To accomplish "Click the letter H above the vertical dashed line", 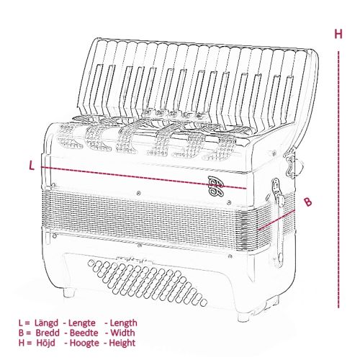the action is coord(338,34).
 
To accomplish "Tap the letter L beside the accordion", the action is coord(32,166).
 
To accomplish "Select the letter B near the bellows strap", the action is coord(308,202).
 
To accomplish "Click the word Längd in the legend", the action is coord(46,323).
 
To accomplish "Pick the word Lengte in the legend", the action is coord(82,323).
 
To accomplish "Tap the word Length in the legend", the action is coord(124,323).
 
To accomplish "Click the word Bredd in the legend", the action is coord(48,333).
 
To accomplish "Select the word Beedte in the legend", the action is coord(84,333).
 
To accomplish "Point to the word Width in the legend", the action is coord(122,333).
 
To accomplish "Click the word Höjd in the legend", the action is coord(45,343).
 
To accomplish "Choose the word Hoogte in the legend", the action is coord(84,343).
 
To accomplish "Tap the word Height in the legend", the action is coord(122,343).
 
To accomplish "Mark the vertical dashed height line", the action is coord(338,179).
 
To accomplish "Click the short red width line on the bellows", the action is coord(276,220).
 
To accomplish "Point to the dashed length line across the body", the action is coord(143,178).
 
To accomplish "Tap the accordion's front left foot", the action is coord(69,292).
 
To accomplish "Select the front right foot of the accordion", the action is coord(244,317).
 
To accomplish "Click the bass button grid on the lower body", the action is coord(147,284).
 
